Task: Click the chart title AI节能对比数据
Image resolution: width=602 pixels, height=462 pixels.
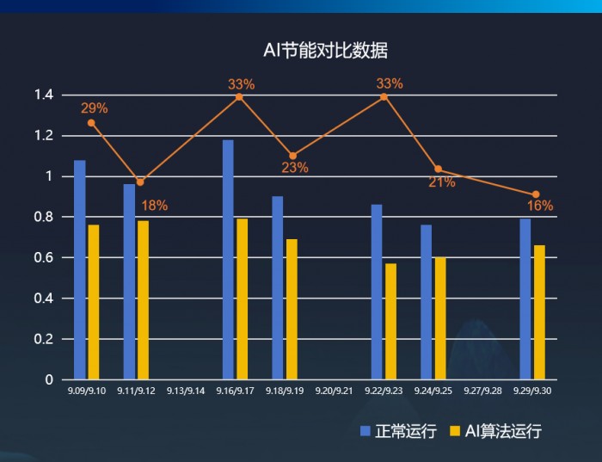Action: pos(325,51)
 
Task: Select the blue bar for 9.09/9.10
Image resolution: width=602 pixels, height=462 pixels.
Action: pos(80,269)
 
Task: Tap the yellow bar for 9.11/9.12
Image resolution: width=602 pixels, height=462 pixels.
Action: pos(143,299)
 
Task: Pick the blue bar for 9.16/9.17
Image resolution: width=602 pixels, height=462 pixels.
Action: pos(228,259)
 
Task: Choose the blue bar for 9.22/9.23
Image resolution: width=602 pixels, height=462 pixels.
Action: pos(377,292)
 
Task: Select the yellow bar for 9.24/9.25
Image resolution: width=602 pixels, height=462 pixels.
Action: pos(440,318)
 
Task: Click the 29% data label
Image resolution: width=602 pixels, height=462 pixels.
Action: pos(95,108)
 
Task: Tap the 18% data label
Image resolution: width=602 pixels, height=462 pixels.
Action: pos(155,206)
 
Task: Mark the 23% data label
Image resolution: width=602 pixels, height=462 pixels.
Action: pos(295,168)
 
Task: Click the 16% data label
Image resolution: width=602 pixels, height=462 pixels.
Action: pos(540,206)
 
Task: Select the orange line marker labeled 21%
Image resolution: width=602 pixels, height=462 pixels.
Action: pos(438,169)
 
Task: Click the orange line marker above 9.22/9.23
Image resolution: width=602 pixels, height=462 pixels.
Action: pos(384,96)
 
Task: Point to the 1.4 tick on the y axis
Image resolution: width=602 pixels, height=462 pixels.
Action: pos(44,95)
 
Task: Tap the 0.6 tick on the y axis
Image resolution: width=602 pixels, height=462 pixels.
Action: pos(44,257)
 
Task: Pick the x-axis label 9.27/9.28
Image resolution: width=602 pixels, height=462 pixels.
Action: pos(482,391)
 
